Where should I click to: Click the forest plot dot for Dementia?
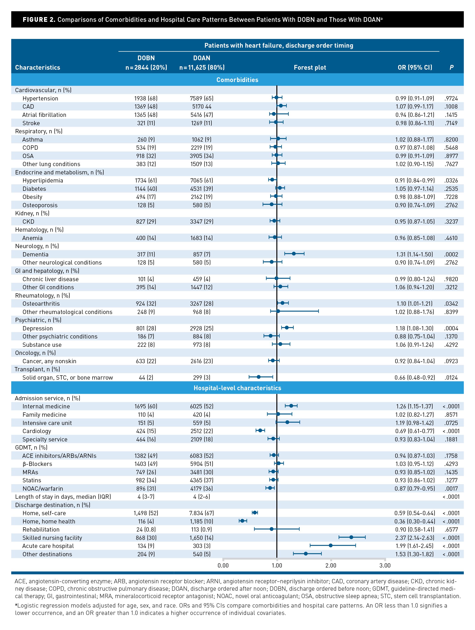[294, 254]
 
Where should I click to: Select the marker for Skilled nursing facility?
[351, 537]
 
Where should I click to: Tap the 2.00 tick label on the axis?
[331, 565]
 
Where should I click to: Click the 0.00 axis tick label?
[223, 565]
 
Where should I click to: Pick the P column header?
[451, 67]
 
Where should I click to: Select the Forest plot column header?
[310, 67]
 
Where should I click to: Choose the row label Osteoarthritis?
[41, 304]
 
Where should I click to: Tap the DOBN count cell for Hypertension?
[146, 98]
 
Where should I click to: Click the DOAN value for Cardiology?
[202, 431]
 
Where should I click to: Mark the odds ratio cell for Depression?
[414, 328]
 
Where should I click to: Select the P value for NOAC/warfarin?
[451, 488]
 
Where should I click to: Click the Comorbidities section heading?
[237, 80]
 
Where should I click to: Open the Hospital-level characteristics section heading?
[237, 388]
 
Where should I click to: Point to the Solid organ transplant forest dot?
[259, 377]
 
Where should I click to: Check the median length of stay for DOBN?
[146, 497]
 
